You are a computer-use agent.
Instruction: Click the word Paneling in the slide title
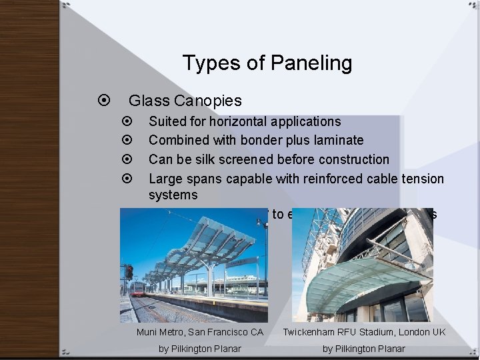312,64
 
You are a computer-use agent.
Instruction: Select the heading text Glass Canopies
185,101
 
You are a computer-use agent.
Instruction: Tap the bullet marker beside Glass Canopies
103,101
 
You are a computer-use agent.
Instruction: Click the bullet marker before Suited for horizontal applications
129,122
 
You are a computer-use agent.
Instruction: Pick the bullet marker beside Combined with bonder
129,141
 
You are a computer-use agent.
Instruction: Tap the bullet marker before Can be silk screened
129,159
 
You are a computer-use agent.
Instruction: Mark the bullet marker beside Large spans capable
129,178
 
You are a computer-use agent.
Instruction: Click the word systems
173,195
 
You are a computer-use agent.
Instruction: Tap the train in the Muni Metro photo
138,288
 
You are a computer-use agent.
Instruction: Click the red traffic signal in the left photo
128,272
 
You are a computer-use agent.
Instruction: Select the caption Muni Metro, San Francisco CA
200,332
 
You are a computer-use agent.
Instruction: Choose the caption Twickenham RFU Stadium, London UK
364,332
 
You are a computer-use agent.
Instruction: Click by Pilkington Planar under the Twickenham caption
364,349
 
